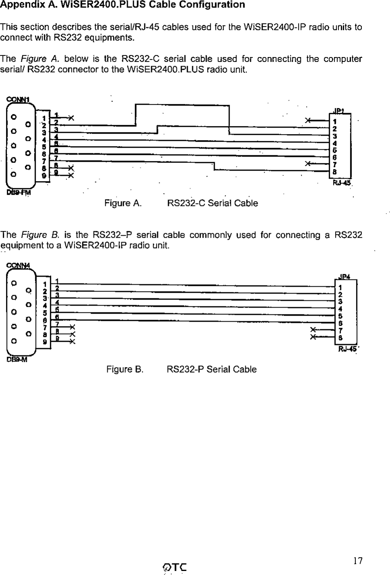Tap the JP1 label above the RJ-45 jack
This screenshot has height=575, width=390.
pyautogui.click(x=339, y=111)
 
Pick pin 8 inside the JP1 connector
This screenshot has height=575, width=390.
pyautogui.click(x=335, y=172)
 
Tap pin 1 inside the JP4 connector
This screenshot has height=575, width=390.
pyautogui.click(x=340, y=287)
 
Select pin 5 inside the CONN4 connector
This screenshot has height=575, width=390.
pyautogui.click(x=45, y=313)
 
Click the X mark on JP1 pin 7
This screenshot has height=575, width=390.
pyautogui.click(x=308, y=164)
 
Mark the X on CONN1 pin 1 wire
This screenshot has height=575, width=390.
pyautogui.click(x=71, y=118)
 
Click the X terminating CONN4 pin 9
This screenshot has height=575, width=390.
pyautogui.click(x=72, y=342)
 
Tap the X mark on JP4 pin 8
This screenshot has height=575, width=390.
pyautogui.click(x=313, y=337)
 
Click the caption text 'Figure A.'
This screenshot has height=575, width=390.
pyautogui.click(x=123, y=204)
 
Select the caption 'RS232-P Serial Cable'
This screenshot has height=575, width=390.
pyautogui.click(x=211, y=369)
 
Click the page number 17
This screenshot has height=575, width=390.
pyautogui.click(x=358, y=561)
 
